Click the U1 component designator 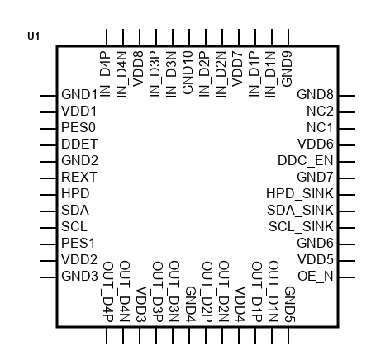click(x=34, y=36)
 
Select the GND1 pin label click(x=79, y=94)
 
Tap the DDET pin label click(x=79, y=144)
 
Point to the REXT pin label click(x=79, y=177)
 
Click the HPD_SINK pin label click(x=300, y=193)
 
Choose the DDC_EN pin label click(x=306, y=160)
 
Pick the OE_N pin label click(x=316, y=276)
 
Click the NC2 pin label click(x=320, y=111)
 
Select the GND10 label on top click(x=188, y=73)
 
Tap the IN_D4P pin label click(x=105, y=74)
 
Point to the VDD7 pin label click(x=237, y=69)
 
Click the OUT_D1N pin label click(x=273, y=291)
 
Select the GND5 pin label click(x=290, y=305)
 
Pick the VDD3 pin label click(x=141, y=305)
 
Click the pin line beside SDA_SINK click(x=347, y=211)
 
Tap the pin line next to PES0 click(x=48, y=129)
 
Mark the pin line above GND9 click(x=288, y=37)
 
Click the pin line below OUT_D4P click(x=107, y=335)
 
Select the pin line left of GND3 click(x=48, y=277)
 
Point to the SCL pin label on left click(x=74, y=226)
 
